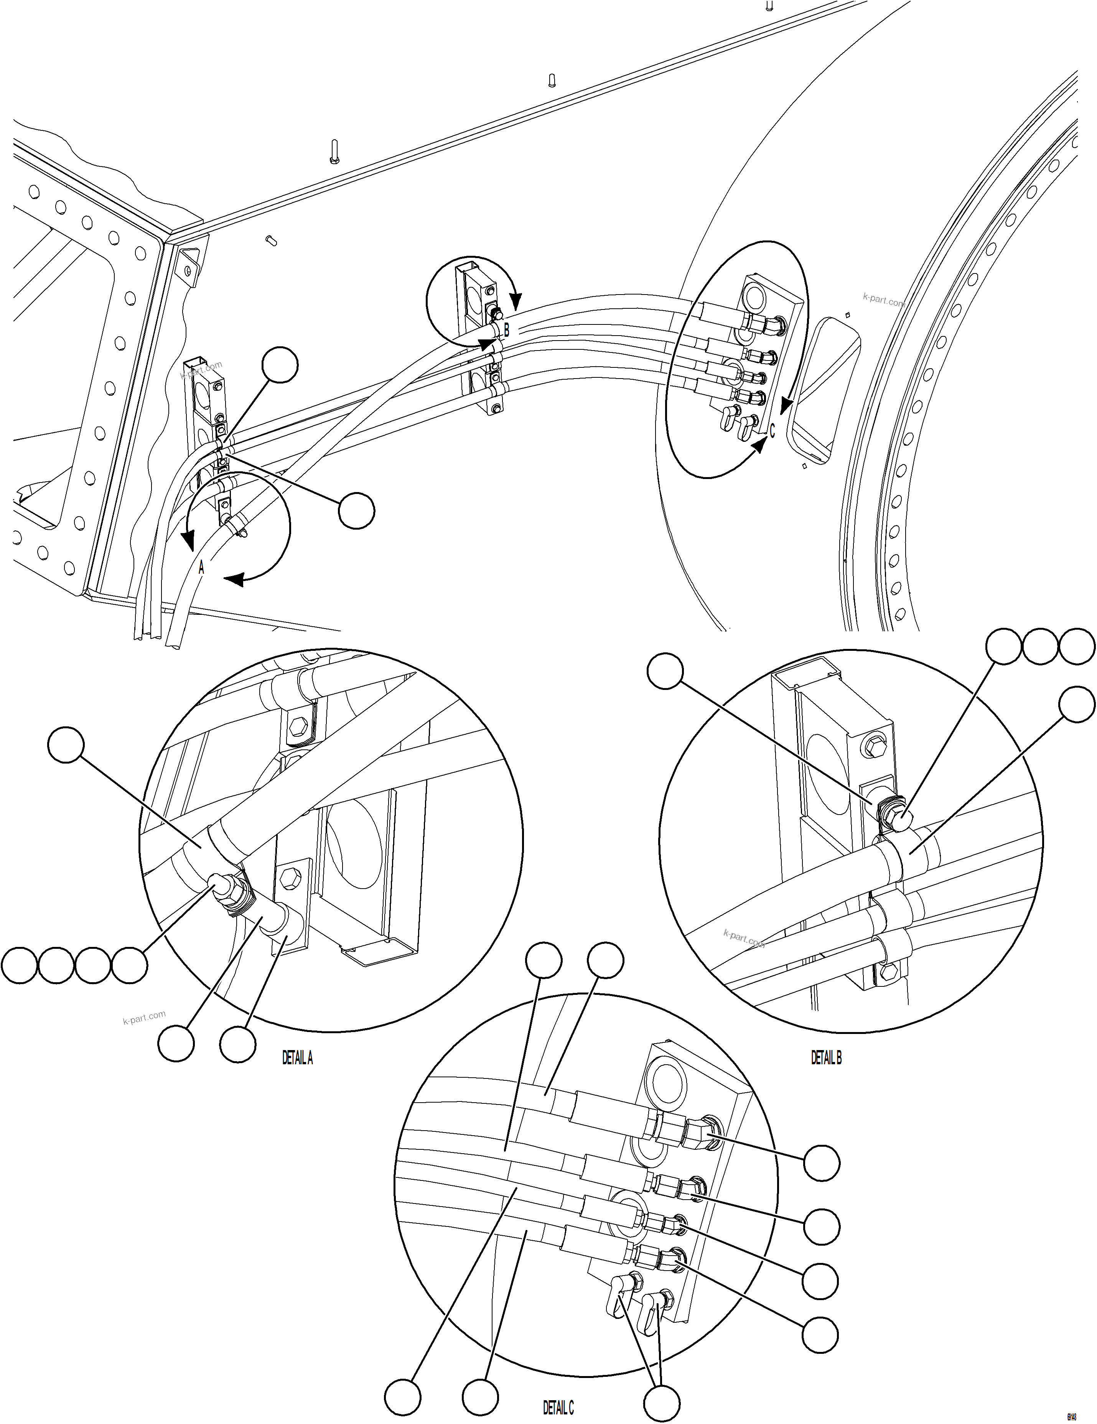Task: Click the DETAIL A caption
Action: click(297, 1058)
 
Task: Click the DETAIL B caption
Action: click(826, 1058)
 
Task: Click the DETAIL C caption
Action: click(558, 1408)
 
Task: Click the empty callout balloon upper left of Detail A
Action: click(66, 745)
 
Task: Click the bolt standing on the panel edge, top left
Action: click(334, 151)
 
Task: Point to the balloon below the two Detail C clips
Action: click(661, 1403)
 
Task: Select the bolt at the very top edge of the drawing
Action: click(769, 6)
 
